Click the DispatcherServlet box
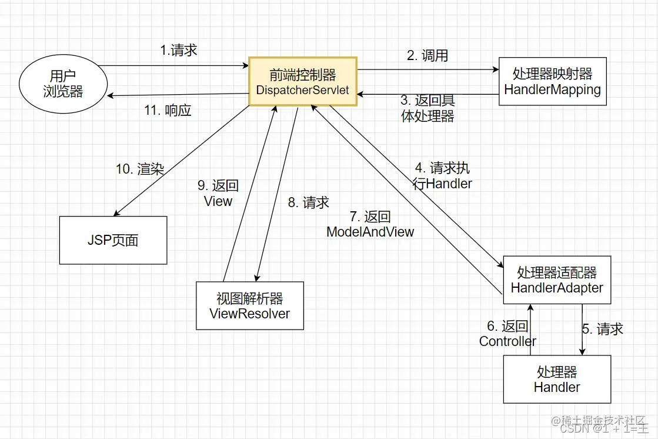point(303,81)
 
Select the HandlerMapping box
point(552,81)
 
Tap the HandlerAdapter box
point(557,280)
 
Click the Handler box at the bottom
point(557,380)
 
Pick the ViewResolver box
point(249,305)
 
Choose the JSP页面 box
point(113,240)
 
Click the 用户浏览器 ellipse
point(63,84)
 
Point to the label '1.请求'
point(179,50)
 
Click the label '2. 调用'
point(427,55)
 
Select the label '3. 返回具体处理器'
point(427,108)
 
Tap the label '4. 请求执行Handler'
point(442,175)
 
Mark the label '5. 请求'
point(603,329)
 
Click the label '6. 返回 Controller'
point(507,334)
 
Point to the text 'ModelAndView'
point(370,232)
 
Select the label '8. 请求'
point(308,202)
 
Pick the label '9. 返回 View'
point(218,193)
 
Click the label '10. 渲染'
point(139,169)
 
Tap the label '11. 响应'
point(168,110)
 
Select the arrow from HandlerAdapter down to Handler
point(582,330)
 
